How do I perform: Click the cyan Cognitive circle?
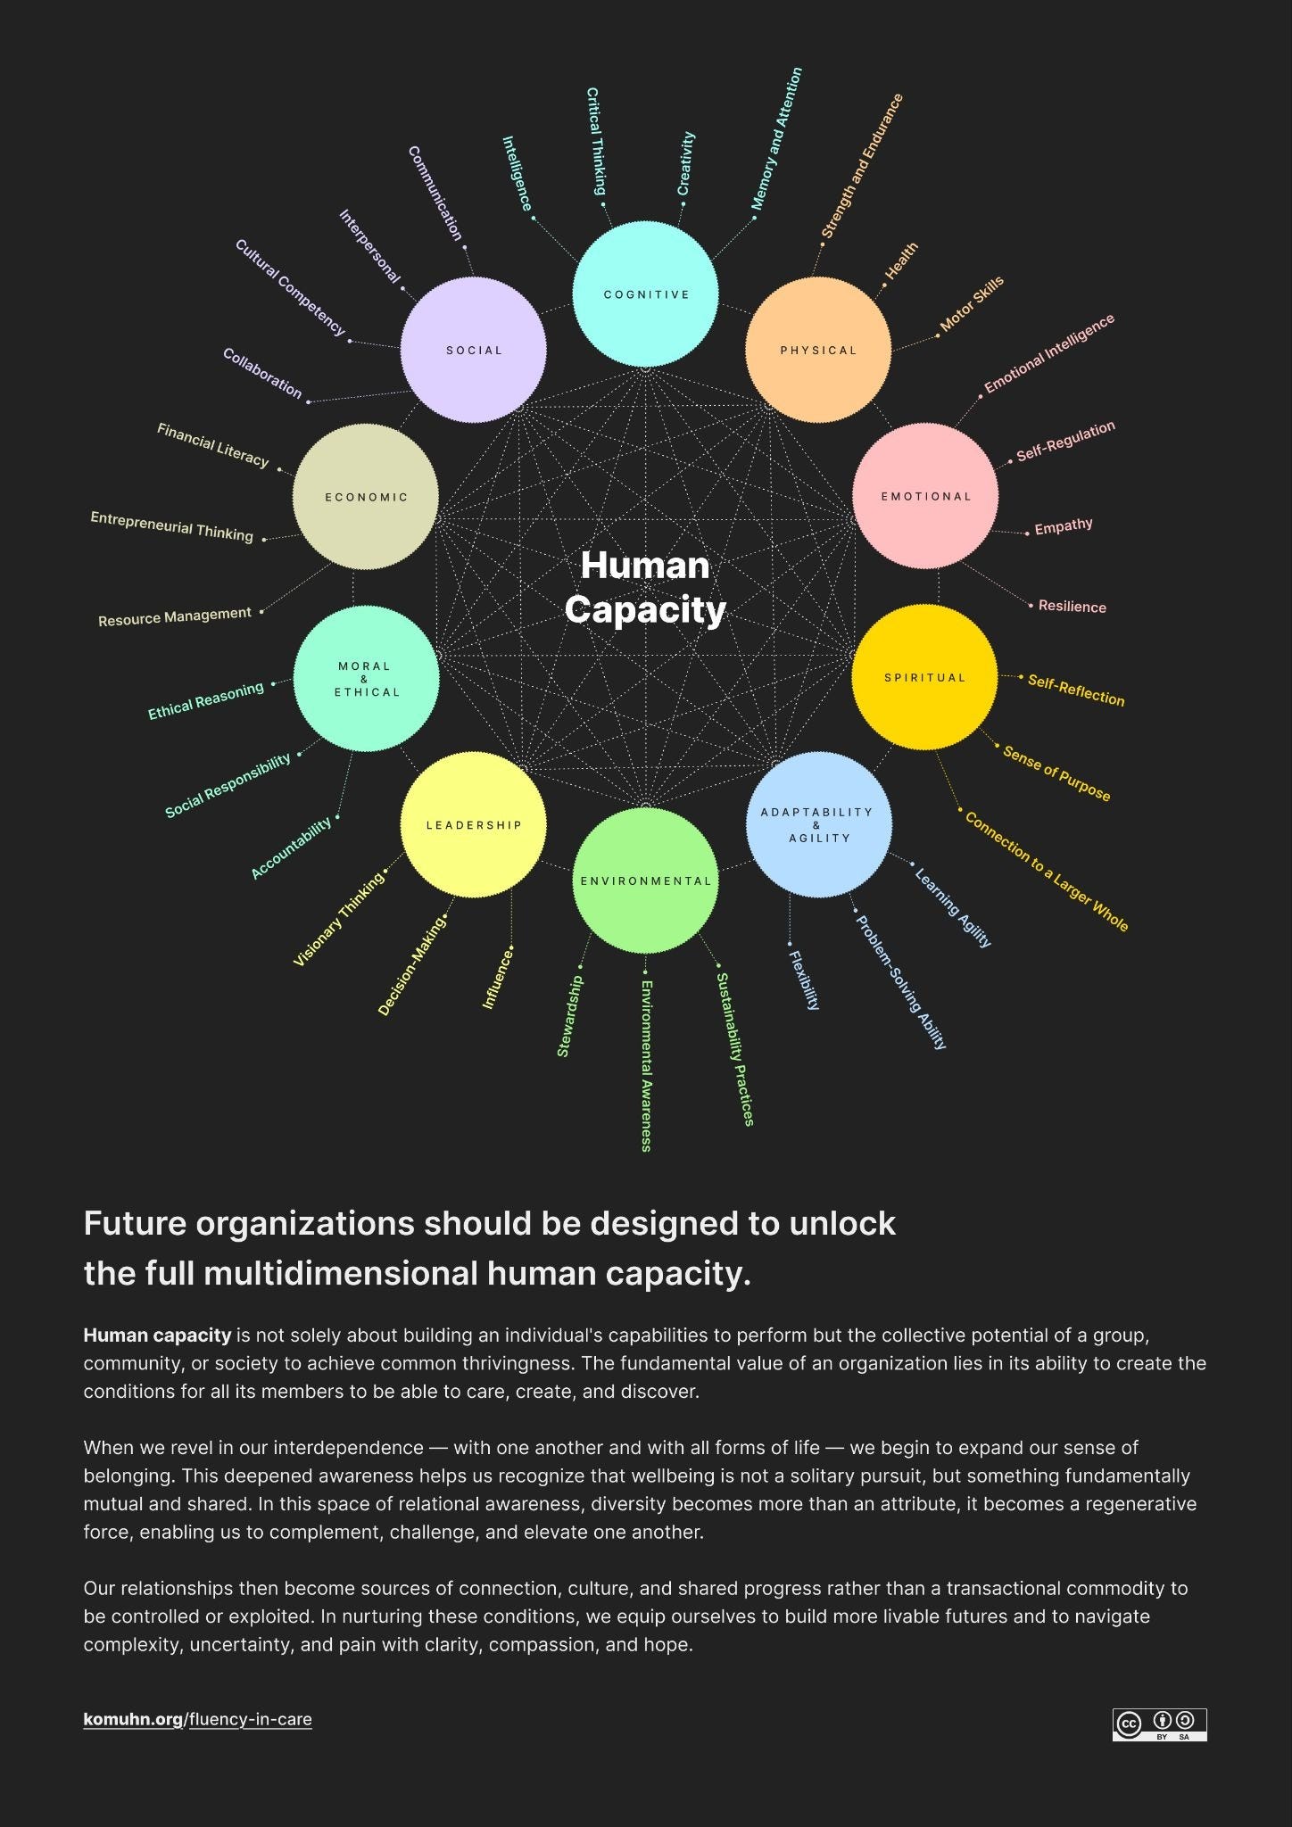(x=645, y=294)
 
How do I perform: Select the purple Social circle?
(x=473, y=350)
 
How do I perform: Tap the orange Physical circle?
(x=818, y=350)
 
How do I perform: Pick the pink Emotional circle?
(x=925, y=496)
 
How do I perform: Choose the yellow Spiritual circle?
(x=924, y=677)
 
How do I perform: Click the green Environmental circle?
(x=645, y=880)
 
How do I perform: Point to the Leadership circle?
(x=473, y=824)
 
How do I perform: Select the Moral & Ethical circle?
(x=366, y=679)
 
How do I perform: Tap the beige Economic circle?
(x=366, y=497)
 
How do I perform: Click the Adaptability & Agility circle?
(x=818, y=824)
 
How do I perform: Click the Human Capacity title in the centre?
(x=645, y=588)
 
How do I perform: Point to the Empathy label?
(x=1064, y=526)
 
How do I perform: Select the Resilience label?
(x=1072, y=607)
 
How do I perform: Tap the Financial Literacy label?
(x=212, y=444)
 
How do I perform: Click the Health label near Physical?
(x=901, y=260)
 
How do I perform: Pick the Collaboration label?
(x=262, y=373)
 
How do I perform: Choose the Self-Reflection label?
(x=1076, y=690)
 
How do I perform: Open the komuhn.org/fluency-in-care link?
(x=198, y=1719)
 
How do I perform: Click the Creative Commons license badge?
(x=1159, y=1724)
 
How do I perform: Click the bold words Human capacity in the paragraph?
(x=157, y=1335)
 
